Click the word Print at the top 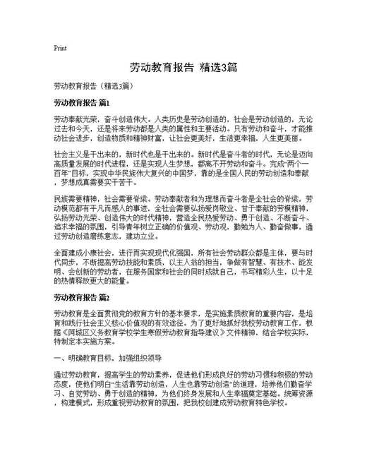coord(60,48)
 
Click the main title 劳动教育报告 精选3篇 coord(183,68)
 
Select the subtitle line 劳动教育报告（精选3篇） coord(91,85)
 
